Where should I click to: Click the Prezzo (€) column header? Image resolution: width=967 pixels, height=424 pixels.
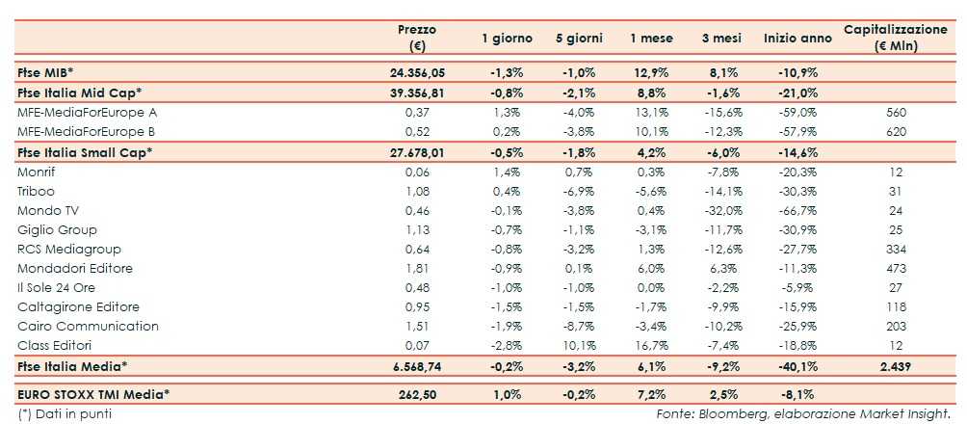(x=417, y=38)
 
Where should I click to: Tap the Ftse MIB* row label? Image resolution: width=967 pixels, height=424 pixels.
(x=47, y=73)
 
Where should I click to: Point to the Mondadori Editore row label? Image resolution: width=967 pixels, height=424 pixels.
(x=75, y=268)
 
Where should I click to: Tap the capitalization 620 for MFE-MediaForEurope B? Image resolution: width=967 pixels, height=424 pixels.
(x=896, y=131)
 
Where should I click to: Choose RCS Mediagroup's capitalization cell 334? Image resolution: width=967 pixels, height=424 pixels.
(x=896, y=249)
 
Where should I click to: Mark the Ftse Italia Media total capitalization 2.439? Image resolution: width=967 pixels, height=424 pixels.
(x=895, y=366)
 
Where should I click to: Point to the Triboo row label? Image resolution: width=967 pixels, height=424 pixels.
(x=37, y=191)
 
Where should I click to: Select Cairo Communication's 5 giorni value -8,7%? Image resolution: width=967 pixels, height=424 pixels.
(x=579, y=326)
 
